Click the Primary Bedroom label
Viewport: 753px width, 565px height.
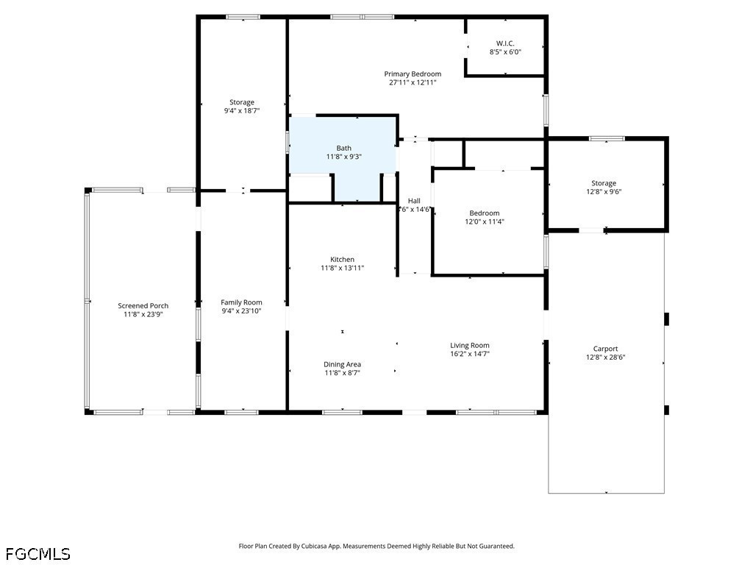(413, 74)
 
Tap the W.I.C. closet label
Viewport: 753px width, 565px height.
(505, 43)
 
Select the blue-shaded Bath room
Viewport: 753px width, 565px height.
(343, 159)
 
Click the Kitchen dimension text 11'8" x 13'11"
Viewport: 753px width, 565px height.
(343, 268)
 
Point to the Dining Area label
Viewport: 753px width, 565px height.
(342, 364)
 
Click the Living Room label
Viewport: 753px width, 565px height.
(470, 346)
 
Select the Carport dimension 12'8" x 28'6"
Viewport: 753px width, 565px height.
(606, 358)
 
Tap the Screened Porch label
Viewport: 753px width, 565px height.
(143, 305)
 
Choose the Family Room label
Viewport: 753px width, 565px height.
(241, 302)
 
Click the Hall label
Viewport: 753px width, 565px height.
(414, 201)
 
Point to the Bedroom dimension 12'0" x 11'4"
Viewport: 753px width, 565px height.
(485, 221)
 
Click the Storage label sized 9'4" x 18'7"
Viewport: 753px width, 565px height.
(241, 102)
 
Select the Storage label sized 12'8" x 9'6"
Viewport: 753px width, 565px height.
(604, 183)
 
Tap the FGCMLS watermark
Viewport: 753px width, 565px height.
(38, 554)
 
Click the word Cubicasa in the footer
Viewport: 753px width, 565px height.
(315, 547)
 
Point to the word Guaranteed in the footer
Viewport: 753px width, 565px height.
(498, 547)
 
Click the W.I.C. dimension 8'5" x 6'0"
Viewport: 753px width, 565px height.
(505, 52)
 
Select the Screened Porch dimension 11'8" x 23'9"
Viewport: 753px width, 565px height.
(143, 314)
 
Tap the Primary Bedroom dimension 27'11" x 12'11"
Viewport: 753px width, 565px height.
(413, 82)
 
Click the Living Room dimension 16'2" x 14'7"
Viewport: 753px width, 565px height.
(470, 354)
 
